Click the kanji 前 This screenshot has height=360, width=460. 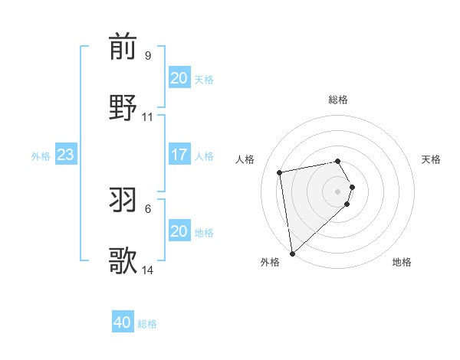coord(123,47)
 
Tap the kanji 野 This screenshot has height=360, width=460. coord(123,108)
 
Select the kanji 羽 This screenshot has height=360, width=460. coord(123,200)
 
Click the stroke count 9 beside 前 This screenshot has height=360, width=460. coord(147,56)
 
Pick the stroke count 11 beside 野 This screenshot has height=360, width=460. coord(148,117)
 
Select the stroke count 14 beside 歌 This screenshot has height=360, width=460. coord(148,270)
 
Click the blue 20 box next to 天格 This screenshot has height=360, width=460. coord(179,78)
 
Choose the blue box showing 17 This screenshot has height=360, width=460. coord(179,155)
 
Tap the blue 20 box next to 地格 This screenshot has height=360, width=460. coord(179,231)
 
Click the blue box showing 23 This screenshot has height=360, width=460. coord(65,155)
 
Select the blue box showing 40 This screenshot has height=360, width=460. coord(123,322)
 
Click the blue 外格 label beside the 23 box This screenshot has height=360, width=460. coord(41,155)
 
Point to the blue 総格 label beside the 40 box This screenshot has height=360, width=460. coord(147,324)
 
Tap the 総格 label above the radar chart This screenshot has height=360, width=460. coord(338,100)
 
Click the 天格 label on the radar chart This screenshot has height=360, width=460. coord(431,159)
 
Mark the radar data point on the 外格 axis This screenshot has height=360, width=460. coord(292,253)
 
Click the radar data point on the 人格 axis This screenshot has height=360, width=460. coord(280,172)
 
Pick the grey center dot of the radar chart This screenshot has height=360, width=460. coord(338,191)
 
